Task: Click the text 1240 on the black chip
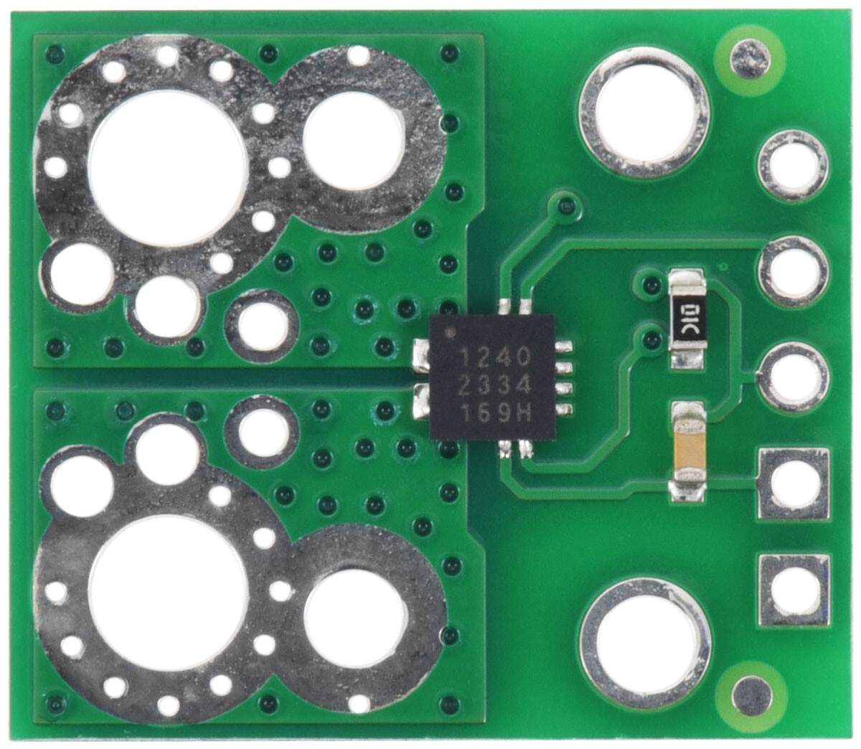coord(495,358)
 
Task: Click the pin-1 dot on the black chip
coord(452,332)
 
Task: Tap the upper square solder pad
coord(794,483)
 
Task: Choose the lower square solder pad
coord(794,590)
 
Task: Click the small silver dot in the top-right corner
coord(751,60)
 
